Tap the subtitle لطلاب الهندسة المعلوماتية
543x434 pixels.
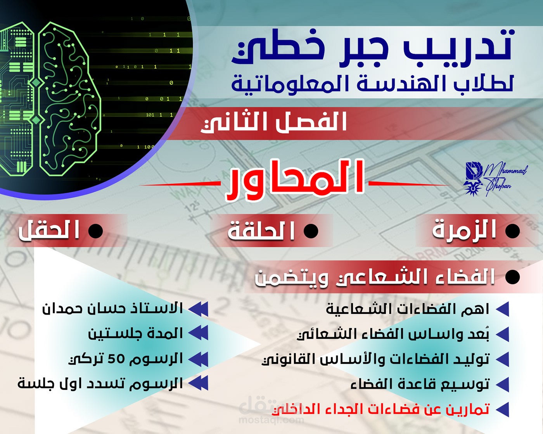point(372,83)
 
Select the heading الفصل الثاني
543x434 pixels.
point(273,122)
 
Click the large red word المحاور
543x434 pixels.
point(295,181)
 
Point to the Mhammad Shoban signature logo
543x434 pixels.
point(495,179)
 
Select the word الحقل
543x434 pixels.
point(49,230)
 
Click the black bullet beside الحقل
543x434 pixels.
point(95,231)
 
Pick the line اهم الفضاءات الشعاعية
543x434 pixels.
point(407,309)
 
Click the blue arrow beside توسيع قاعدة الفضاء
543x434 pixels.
point(502,384)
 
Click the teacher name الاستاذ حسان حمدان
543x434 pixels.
point(112,309)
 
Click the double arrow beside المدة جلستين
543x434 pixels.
point(199,334)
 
